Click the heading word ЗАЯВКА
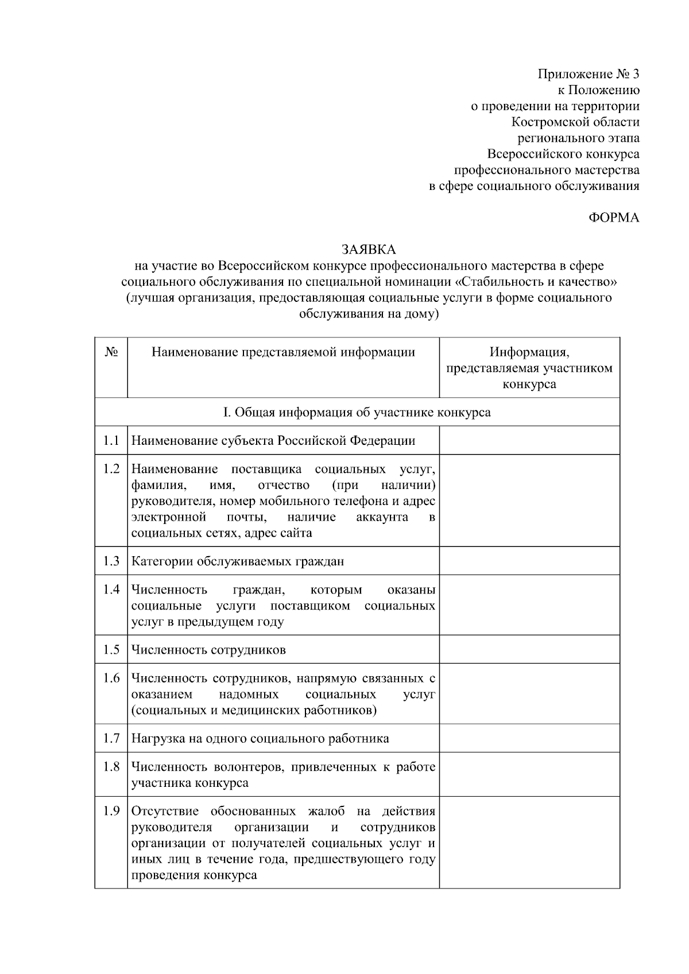tap(369, 250)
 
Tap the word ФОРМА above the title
tap(614, 218)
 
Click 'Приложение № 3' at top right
tap(588, 74)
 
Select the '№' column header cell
tap(111, 352)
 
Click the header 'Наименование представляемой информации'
tap(283, 352)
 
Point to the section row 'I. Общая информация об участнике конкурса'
tap(357, 412)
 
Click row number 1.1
tap(111, 441)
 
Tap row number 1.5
tap(111, 650)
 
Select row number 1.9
tap(111, 811)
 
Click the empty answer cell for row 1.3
tap(529, 561)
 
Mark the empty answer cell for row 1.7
tap(529, 738)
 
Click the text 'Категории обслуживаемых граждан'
tap(238, 561)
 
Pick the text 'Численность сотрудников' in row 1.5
tap(208, 650)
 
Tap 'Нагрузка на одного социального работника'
tap(260, 739)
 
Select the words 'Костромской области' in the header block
tap(575, 122)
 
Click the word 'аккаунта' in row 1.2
tap(382, 517)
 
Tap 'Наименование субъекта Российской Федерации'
tap(273, 441)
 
